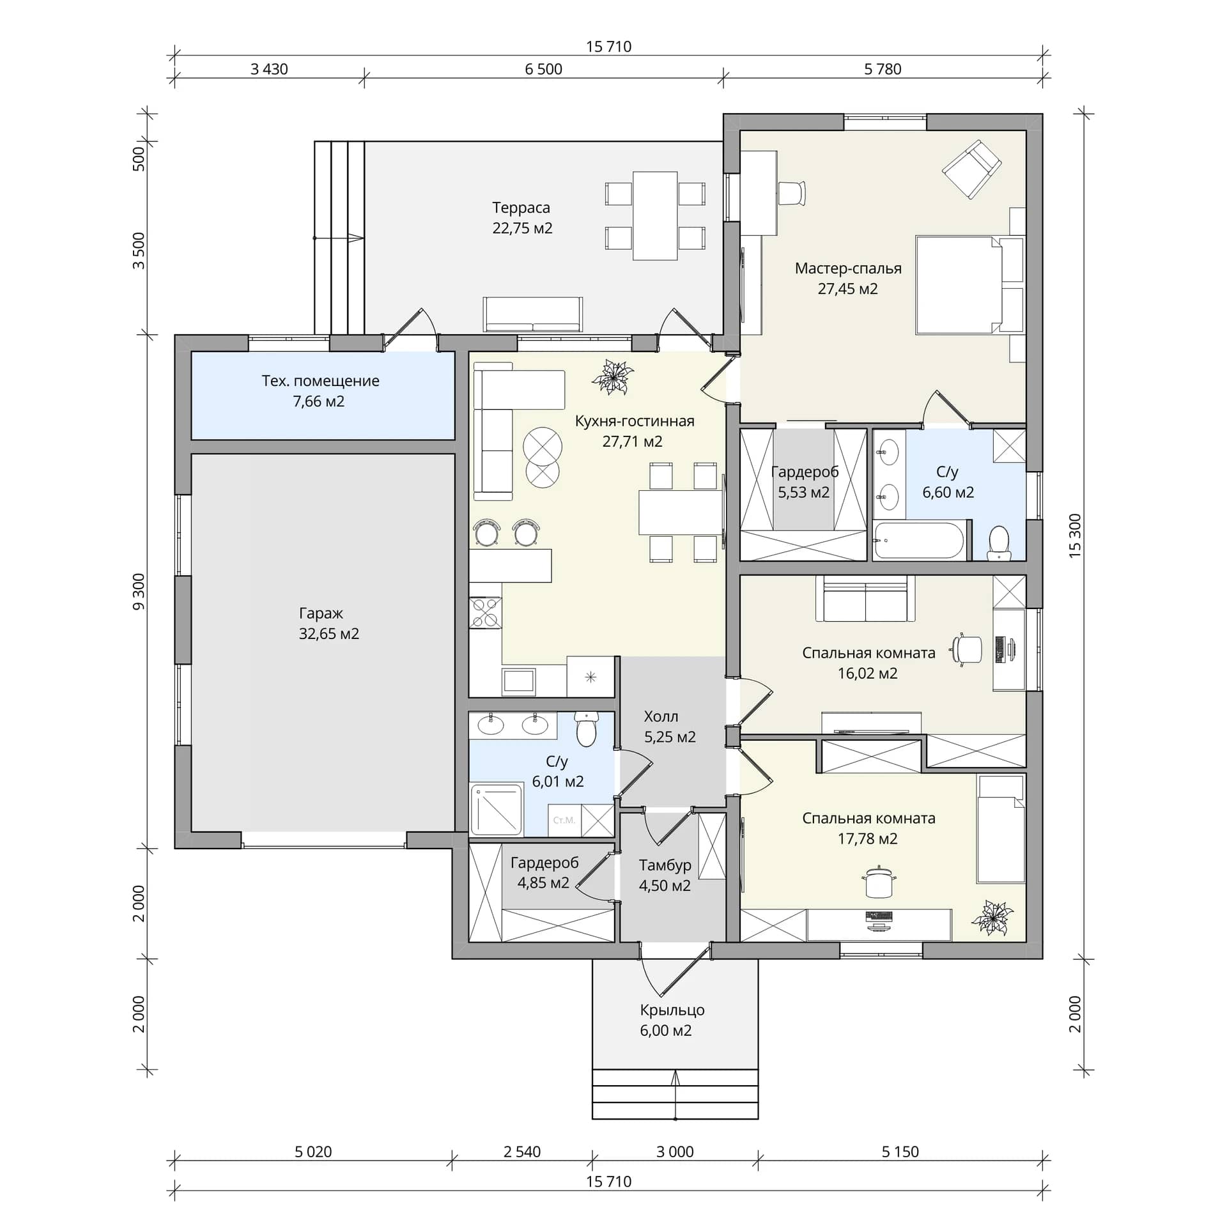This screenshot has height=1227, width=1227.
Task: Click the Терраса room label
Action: click(521, 208)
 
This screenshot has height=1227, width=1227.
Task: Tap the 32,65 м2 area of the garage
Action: click(329, 634)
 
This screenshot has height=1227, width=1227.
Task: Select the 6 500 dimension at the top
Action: click(543, 69)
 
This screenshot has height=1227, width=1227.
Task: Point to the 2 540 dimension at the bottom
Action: click(521, 1152)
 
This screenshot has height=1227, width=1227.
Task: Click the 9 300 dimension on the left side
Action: click(139, 591)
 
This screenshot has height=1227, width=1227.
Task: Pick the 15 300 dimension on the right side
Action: click(1075, 536)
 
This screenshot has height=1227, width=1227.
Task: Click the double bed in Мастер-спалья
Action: click(969, 285)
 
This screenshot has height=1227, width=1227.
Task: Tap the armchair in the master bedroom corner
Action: click(971, 169)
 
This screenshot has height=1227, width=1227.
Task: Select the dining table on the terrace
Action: click(655, 215)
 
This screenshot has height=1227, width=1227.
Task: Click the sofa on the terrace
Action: click(533, 314)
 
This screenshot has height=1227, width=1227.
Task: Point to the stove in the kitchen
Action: click(485, 613)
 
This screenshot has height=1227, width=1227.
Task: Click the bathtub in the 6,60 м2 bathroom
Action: click(919, 541)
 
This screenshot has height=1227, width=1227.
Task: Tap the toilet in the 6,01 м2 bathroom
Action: click(585, 729)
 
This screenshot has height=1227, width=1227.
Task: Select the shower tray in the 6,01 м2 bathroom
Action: click(497, 810)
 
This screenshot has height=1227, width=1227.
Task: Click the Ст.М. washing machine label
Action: click(564, 820)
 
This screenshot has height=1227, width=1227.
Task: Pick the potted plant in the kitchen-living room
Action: click(612, 377)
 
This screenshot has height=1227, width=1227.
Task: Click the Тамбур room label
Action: click(665, 865)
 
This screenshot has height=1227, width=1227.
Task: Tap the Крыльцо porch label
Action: click(672, 1010)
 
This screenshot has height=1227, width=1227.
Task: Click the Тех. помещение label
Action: click(320, 381)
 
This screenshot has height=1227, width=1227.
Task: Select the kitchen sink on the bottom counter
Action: click(519, 681)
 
